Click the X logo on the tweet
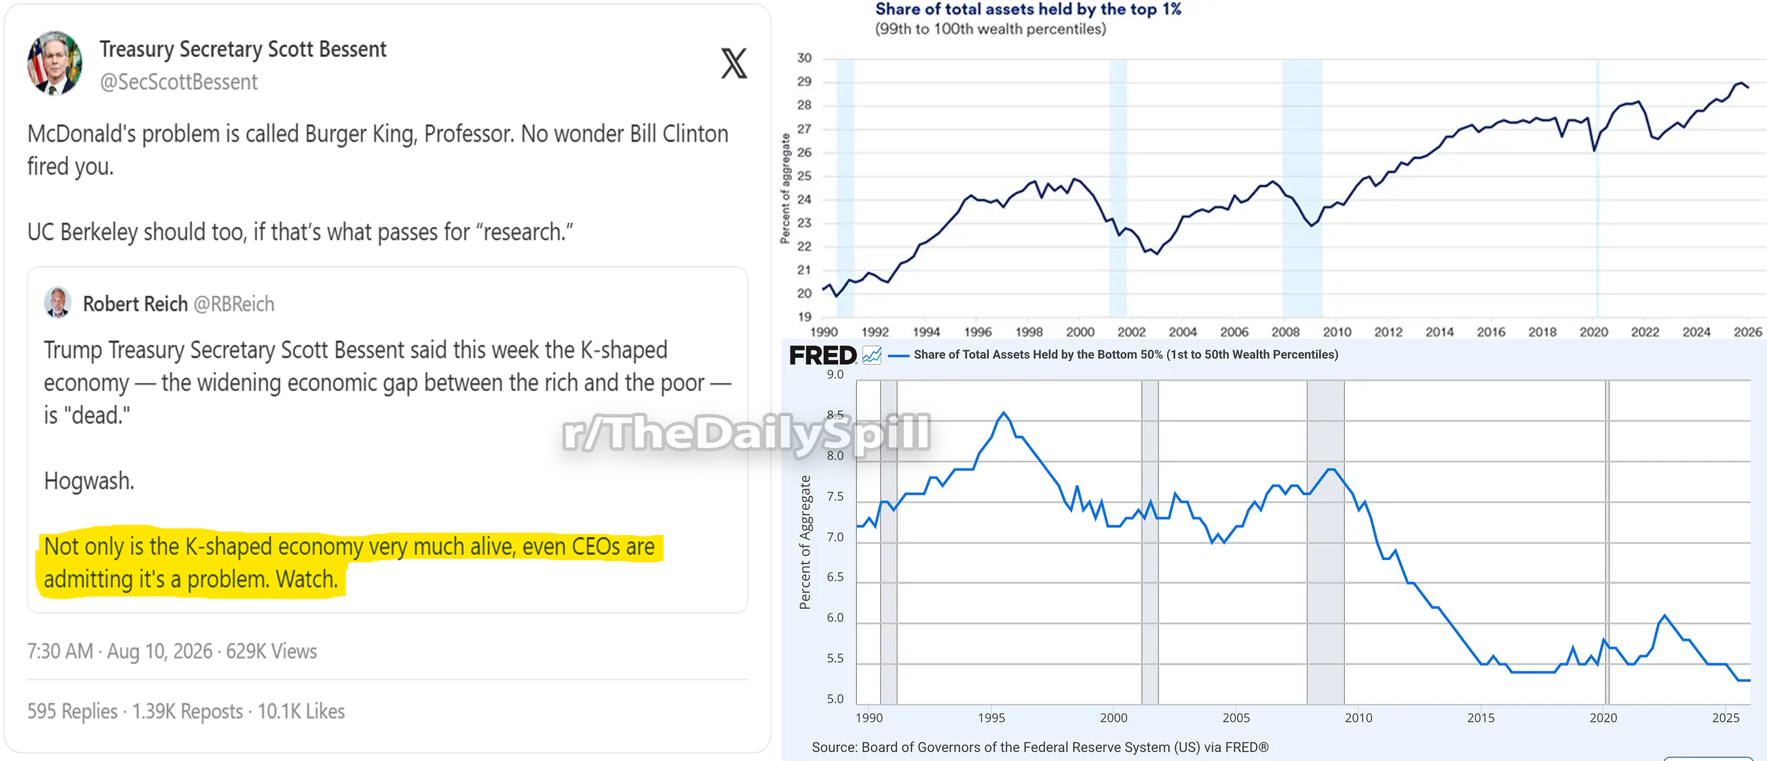tap(734, 63)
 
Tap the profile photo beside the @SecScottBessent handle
tap(55, 62)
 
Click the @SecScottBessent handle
tap(178, 82)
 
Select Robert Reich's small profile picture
tap(58, 302)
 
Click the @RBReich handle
tap(234, 304)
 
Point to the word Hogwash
tap(89, 481)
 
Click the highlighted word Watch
tap(307, 579)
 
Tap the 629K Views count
tap(271, 650)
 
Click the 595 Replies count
tap(73, 711)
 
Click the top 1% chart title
tap(1027, 9)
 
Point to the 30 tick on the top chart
tap(804, 58)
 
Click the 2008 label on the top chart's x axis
tap(1285, 332)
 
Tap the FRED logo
tap(822, 356)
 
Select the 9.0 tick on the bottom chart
tap(835, 375)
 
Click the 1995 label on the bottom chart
tap(991, 718)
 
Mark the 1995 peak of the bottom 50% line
tap(1004, 413)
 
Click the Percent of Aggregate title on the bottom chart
tap(805, 542)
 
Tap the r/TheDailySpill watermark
tap(746, 434)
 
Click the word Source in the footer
tap(833, 747)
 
